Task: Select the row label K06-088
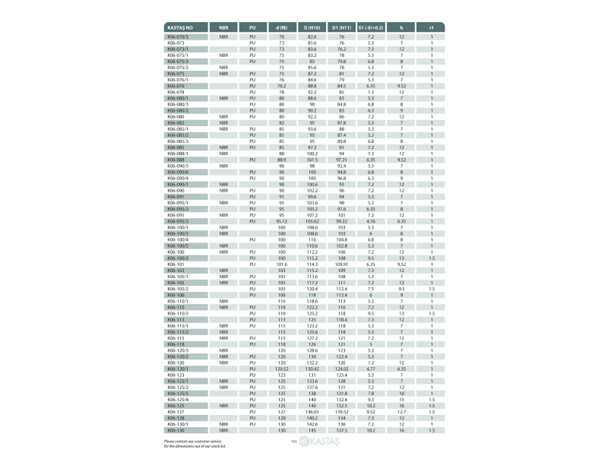pos(176,160)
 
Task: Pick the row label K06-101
pos(176,264)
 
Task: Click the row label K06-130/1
pos(179,424)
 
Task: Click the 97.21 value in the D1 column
pos(342,160)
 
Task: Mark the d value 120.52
pos(281,369)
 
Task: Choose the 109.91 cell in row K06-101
pos(342,264)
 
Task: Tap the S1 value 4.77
pos(371,369)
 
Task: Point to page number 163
pos(293,442)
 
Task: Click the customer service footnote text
pos(195,443)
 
